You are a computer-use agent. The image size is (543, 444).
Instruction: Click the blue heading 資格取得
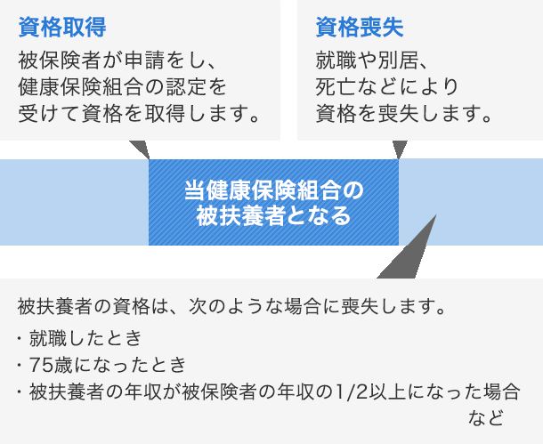[x=62, y=27]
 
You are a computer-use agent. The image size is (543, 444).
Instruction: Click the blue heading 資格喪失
[x=360, y=27]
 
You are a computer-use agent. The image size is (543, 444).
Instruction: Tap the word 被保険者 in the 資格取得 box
[x=59, y=61]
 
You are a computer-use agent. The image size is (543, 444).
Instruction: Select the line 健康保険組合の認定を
[x=122, y=86]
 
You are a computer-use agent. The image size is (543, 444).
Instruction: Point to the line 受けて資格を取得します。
[x=139, y=113]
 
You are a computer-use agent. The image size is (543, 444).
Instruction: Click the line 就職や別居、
[x=371, y=61]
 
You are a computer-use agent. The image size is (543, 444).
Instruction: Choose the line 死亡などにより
[x=387, y=86]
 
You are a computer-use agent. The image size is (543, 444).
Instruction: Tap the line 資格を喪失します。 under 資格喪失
[x=404, y=113]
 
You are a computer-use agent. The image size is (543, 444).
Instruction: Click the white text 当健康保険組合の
[x=273, y=190]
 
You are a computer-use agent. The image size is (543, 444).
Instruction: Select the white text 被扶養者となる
[x=273, y=215]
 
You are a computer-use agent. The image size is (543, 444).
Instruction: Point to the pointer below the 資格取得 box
[x=141, y=148]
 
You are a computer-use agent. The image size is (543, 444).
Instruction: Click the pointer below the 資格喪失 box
[x=400, y=149]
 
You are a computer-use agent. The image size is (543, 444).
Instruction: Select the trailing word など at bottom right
[x=486, y=417]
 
